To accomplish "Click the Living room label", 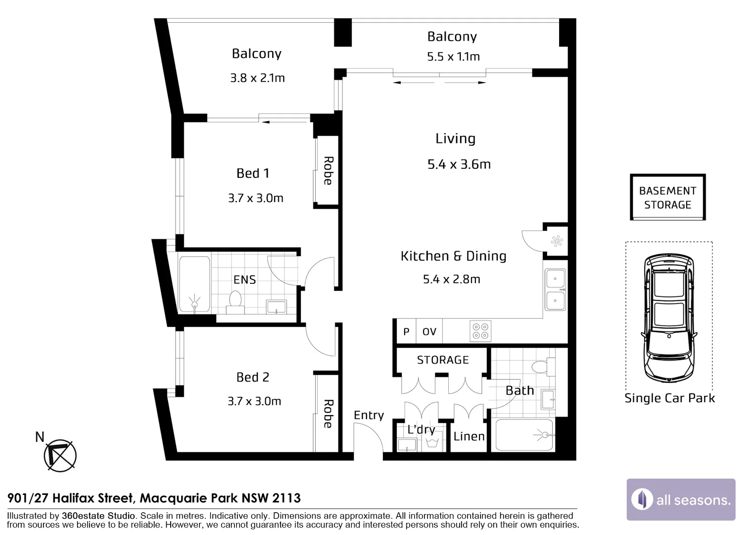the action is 455,139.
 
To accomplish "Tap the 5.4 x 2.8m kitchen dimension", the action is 452,279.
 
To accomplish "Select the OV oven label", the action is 429,332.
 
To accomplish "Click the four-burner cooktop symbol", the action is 480,331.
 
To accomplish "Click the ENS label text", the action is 245,280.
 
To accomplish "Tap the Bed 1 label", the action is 253,173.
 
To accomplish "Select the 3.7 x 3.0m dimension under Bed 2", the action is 254,401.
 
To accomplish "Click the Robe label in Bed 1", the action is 328,171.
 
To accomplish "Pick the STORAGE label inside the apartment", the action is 443,360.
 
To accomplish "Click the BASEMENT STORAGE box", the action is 667,197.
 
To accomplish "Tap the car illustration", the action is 669,318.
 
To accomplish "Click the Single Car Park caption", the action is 669,398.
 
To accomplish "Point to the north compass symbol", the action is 60,455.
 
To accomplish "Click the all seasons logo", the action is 681,499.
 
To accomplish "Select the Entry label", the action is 369,415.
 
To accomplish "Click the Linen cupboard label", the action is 469,436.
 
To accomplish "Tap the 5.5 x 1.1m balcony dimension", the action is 453,56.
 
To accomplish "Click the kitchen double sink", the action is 555,290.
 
